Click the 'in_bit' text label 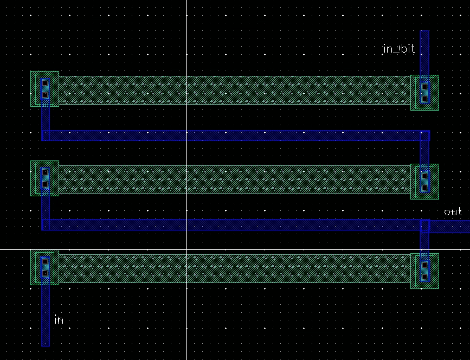[x=399, y=49]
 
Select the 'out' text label [x=453, y=212]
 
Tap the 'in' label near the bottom [x=59, y=320]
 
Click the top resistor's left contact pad [x=44, y=89]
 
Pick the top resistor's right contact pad [x=425, y=93]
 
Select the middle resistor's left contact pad [x=44, y=178]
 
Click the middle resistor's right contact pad [x=425, y=182]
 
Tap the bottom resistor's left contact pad [x=44, y=267]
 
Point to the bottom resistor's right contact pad [x=425, y=271]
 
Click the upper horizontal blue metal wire [x=236, y=136]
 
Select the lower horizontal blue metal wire [x=236, y=224]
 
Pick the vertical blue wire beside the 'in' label [x=46, y=312]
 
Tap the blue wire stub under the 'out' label [x=449, y=226]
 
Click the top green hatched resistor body [x=235, y=90]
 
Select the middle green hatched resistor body [x=235, y=179]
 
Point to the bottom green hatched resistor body [x=235, y=268]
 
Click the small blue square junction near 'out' [x=425, y=226]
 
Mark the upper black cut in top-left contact [x=45, y=83]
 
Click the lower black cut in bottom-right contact [x=425, y=277]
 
